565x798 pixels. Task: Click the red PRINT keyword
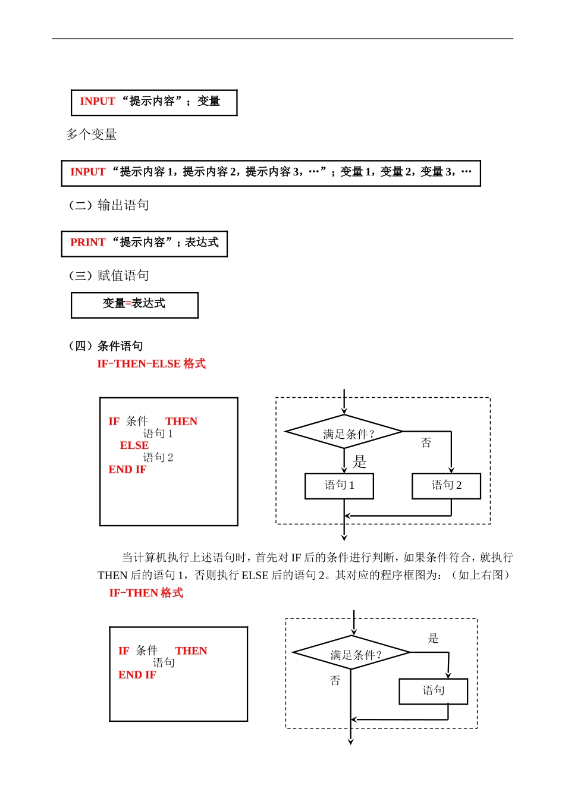(87, 243)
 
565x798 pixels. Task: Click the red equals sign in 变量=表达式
(128, 304)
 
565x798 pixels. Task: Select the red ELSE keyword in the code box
(134, 445)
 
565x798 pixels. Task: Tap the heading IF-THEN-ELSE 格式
(151, 364)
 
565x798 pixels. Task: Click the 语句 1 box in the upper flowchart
(339, 486)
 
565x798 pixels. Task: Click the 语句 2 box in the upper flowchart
(446, 486)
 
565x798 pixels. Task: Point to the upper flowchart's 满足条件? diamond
(344, 432)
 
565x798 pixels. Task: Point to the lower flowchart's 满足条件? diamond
(351, 653)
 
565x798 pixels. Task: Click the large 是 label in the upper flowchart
(360, 461)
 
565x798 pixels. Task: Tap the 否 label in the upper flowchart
(426, 443)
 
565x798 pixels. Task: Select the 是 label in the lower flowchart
(433, 639)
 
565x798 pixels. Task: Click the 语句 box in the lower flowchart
(433, 691)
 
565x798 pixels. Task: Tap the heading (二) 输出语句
(109, 206)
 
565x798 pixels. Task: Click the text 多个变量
(91, 135)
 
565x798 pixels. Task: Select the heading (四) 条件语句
(106, 346)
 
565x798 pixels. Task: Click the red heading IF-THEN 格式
(146, 593)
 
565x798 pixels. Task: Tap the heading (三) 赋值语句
(109, 276)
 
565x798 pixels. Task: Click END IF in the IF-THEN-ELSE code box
(127, 470)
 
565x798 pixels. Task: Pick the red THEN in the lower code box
(191, 651)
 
